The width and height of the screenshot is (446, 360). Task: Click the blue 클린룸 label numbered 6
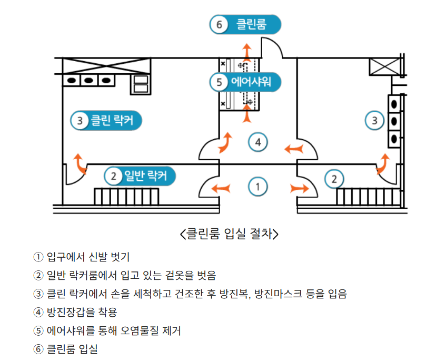[x=245, y=24]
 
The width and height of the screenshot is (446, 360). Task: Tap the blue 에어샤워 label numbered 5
[x=245, y=82]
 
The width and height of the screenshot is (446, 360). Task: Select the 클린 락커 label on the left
[x=106, y=121]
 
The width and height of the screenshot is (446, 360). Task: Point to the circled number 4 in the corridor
[x=257, y=142]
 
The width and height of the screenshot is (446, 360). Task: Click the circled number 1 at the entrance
[x=257, y=187]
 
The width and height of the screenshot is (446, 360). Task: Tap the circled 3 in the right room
[x=374, y=121]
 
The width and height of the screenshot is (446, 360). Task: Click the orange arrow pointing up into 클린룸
[x=246, y=52]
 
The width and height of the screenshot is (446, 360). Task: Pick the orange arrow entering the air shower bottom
[x=246, y=112]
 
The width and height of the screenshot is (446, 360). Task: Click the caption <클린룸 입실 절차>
[x=229, y=233]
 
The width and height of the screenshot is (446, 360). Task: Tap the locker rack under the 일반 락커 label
[x=126, y=196]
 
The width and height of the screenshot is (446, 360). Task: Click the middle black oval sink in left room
[x=88, y=81]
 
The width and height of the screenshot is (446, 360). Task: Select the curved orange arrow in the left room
[x=81, y=163]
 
